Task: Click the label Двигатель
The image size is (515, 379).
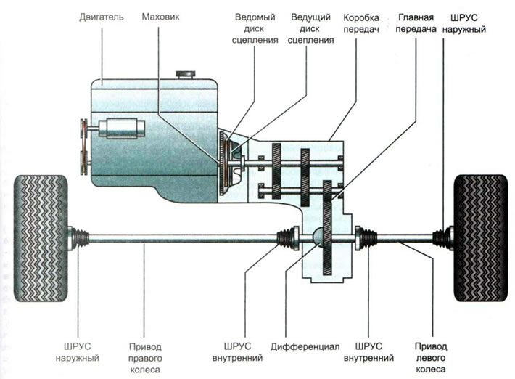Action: point(101,17)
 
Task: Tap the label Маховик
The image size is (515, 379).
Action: point(160,17)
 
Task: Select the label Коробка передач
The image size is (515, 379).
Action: point(361,23)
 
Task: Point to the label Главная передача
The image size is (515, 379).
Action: point(416,23)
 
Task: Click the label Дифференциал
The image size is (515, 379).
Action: point(305,347)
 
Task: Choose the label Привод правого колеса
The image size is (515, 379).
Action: point(145,358)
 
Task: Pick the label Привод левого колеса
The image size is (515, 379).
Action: point(431,358)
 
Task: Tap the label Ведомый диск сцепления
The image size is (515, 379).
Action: point(255,28)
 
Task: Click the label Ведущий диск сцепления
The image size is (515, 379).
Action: point(310,28)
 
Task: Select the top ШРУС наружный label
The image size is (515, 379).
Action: point(463,23)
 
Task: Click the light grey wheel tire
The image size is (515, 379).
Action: point(41,238)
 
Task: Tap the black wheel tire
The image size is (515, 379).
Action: point(480,238)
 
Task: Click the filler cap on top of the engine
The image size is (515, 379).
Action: point(186,75)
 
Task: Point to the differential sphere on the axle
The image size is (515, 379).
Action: point(318,236)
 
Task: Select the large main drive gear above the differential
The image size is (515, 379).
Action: point(327,227)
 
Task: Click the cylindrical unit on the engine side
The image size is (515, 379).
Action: point(122,129)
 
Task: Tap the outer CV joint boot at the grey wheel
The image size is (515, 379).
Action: point(80,238)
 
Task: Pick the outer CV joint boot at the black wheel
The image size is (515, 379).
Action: point(441,238)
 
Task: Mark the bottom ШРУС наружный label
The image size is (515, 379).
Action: point(77,352)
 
